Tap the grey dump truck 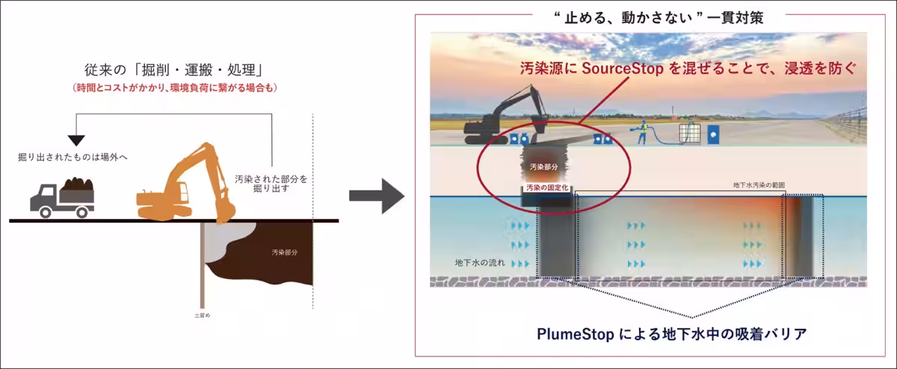tap(63, 198)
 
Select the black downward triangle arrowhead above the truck tap(75, 140)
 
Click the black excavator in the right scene tap(501, 120)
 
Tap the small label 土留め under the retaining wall tap(202, 315)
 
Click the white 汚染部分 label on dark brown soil tap(284, 253)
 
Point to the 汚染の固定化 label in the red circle tap(548, 188)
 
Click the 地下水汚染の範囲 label tap(759, 185)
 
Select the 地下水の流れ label tap(480, 263)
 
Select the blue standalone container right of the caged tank tap(712, 134)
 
